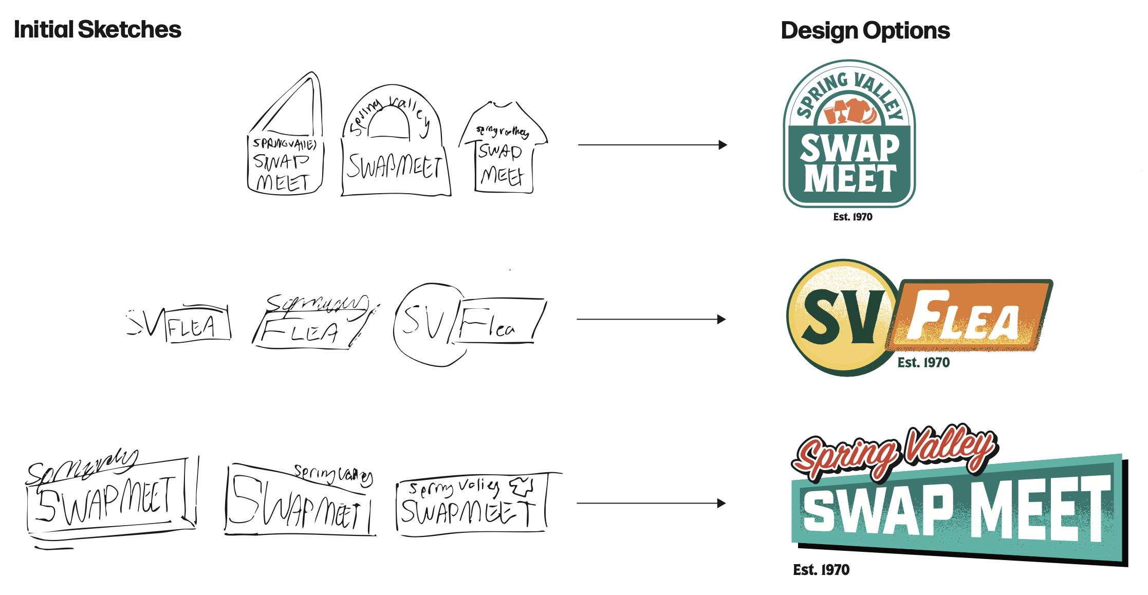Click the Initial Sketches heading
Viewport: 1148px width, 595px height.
(x=98, y=30)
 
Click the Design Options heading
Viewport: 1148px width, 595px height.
(x=865, y=31)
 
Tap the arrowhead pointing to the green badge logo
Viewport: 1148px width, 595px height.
(x=723, y=145)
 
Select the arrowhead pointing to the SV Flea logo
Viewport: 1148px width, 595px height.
(x=721, y=319)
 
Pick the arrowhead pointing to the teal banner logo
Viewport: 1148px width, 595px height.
(x=721, y=503)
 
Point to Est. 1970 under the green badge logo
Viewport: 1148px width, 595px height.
(x=853, y=217)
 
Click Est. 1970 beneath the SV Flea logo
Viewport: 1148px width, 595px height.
(x=923, y=362)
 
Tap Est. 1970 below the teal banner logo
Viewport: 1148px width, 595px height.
(x=821, y=569)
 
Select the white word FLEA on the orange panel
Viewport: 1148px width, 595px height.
(x=964, y=316)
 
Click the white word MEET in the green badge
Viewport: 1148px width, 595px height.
(x=850, y=178)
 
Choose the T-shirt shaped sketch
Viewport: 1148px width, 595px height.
(x=504, y=149)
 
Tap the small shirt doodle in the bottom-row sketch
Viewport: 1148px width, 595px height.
(x=522, y=486)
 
